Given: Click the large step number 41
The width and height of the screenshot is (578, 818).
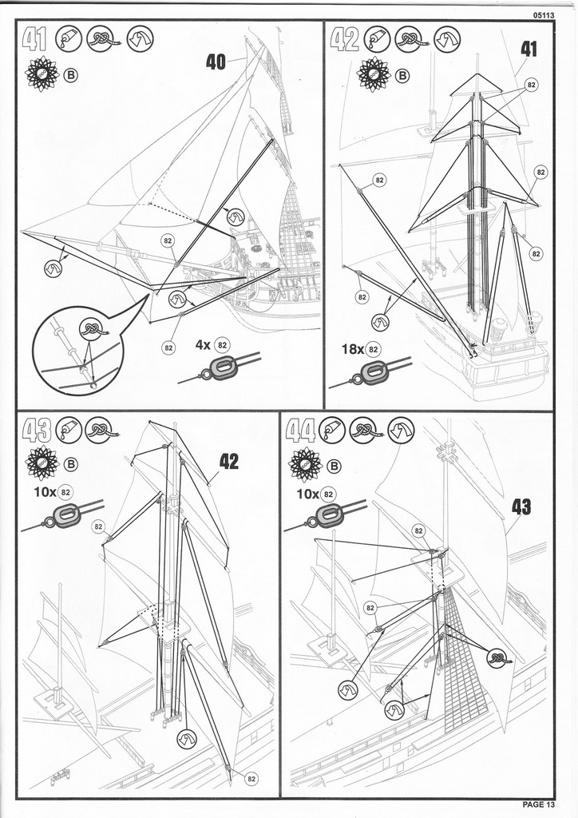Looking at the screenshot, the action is pos(35,40).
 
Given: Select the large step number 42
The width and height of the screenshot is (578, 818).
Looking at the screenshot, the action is pos(345,40).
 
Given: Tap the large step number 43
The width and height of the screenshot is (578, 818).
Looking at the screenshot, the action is pos(37,431).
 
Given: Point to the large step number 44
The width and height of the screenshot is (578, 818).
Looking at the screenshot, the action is pos(301,431).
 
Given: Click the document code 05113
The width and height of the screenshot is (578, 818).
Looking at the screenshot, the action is pos(544,14).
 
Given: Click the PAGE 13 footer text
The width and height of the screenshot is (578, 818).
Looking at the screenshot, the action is pos(539,804).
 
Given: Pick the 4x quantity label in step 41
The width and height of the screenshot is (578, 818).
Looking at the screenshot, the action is pos(204,345).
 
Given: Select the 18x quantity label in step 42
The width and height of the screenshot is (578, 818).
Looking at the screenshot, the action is pos(352,349).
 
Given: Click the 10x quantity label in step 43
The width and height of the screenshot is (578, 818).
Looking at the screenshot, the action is pos(45,491).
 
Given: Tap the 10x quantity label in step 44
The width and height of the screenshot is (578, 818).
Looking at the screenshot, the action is pos(307,494).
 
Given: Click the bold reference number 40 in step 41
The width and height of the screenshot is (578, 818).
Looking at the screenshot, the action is pos(216,62).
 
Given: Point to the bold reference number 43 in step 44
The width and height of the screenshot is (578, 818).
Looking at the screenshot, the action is pos(521,506).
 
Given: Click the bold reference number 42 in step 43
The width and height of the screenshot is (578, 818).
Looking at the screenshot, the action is pos(229,461).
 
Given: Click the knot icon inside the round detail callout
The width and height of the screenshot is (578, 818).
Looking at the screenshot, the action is pos(92,329).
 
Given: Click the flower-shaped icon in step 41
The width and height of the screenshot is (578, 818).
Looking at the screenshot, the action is pos(42,75).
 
